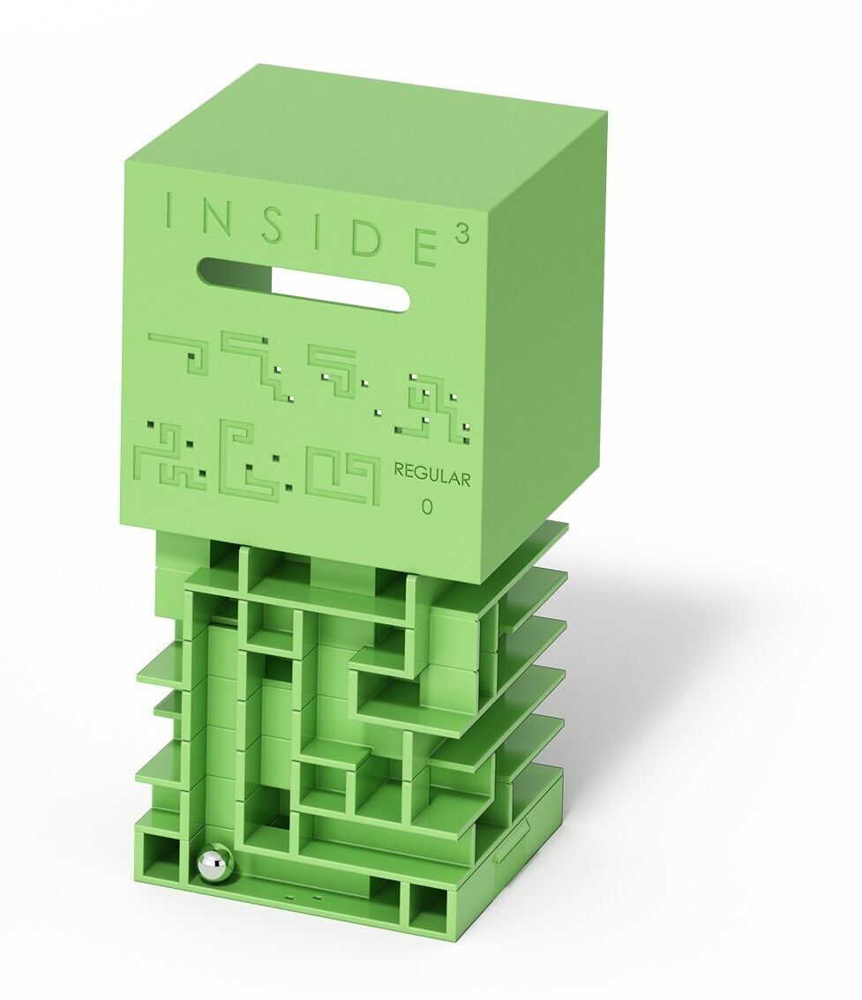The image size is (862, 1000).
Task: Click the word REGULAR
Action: click(432, 475)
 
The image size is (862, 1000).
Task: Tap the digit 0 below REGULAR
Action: click(427, 507)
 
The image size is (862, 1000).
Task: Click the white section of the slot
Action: click(340, 289)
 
